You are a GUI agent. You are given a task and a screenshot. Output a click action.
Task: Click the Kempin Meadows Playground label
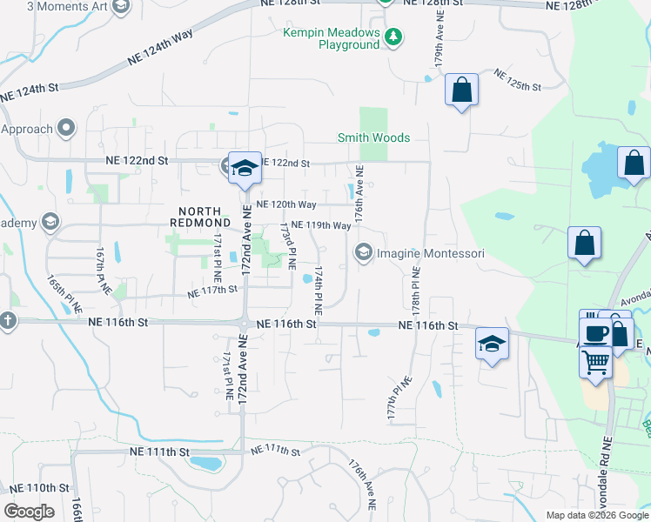tap(332, 38)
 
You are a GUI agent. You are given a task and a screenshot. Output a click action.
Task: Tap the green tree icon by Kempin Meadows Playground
tap(393, 37)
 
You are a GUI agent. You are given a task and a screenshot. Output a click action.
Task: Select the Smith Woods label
tap(373, 137)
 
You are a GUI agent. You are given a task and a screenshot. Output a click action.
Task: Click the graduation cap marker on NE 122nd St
tap(245, 167)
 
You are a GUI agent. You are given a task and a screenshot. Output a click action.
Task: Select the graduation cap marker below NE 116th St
tap(492, 343)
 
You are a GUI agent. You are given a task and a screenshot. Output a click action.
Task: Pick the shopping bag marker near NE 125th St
tap(461, 90)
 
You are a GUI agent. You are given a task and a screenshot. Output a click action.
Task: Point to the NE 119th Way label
tap(320, 224)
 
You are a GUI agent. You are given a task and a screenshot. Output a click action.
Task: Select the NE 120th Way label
tap(285, 204)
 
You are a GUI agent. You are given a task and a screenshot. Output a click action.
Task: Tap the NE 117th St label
tap(213, 290)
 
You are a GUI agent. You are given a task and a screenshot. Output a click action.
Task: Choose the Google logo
tap(29, 512)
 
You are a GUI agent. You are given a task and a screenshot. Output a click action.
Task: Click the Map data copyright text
tap(596, 515)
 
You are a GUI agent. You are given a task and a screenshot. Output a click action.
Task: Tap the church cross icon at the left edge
tap(9, 320)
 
